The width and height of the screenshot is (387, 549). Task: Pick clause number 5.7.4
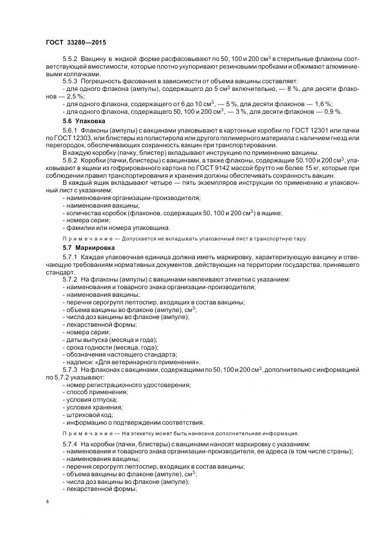[x=71, y=444]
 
